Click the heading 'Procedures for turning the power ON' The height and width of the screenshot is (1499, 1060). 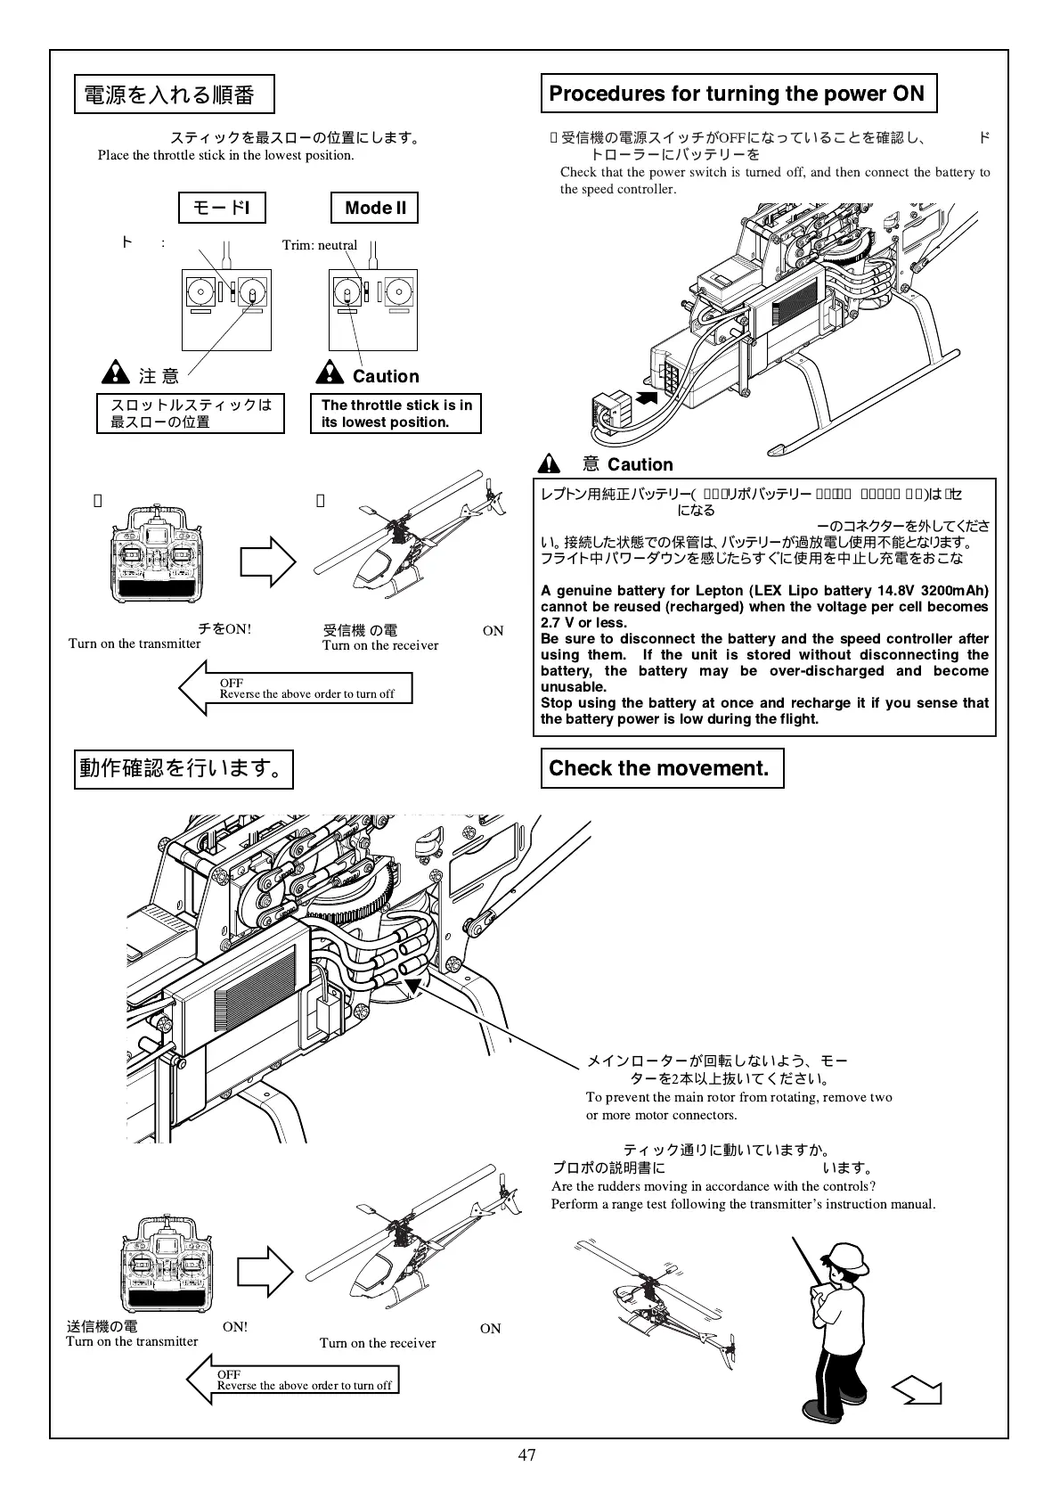[738, 94]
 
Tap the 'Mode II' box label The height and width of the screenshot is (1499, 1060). [375, 208]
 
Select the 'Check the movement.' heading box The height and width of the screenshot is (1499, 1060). [662, 768]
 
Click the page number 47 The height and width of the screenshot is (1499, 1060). [526, 1455]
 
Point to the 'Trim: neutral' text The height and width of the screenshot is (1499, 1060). [320, 245]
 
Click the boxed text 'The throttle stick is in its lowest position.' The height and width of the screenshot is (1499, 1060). [395, 414]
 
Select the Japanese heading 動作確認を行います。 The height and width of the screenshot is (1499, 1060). [183, 768]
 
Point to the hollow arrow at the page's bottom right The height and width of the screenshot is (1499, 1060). [917, 1388]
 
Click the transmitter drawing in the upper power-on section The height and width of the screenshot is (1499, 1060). [157, 555]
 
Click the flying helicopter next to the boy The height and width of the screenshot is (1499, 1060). [655, 1298]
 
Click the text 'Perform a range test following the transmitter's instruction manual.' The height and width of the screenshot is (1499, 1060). [743, 1204]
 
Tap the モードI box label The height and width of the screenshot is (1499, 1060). [222, 209]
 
